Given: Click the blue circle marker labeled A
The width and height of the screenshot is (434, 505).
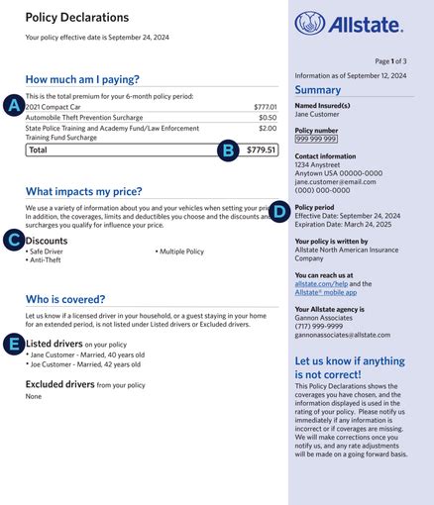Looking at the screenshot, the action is coord(14,105).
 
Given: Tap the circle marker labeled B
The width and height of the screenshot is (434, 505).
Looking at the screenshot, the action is coord(228,151).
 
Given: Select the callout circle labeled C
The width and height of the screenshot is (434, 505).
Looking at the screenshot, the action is coord(14,240).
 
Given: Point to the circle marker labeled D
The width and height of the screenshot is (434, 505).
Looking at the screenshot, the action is coord(279,210).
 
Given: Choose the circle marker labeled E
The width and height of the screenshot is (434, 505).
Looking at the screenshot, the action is coord(14,343).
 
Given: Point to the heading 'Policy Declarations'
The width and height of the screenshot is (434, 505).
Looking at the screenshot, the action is coord(77,17).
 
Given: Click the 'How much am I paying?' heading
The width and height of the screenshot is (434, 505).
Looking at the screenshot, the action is coord(82,79).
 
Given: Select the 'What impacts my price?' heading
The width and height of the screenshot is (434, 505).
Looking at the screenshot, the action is coord(83,191).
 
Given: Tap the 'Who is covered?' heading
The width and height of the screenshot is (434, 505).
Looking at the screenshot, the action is coord(66,298).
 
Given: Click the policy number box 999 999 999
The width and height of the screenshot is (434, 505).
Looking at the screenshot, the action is coord(316,140).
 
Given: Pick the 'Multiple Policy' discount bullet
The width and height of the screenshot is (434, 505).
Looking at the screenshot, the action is coord(181,252).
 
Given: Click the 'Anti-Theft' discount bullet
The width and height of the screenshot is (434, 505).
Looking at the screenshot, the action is coord(44,260).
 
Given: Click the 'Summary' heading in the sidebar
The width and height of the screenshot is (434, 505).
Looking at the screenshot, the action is coord(318,90).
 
